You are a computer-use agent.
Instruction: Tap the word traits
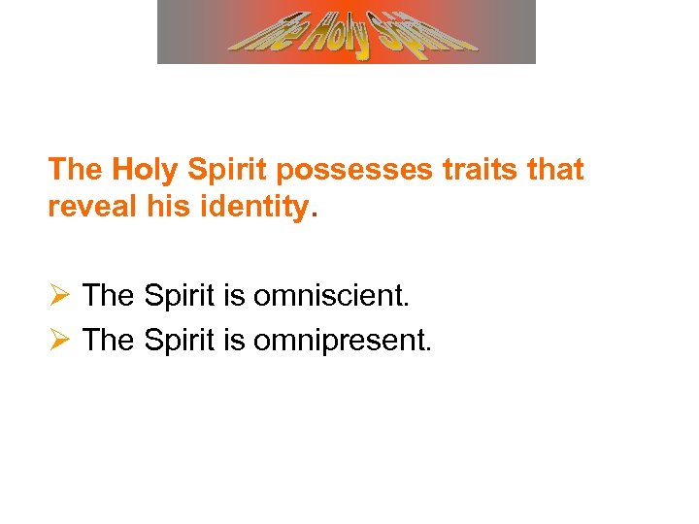[468, 170]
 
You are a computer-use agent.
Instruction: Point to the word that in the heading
[551, 170]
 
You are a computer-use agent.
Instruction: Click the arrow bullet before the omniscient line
[59, 295]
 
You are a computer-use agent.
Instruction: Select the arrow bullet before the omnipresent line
[59, 340]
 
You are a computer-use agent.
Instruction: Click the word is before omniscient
[234, 295]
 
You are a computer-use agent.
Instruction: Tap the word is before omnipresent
[234, 340]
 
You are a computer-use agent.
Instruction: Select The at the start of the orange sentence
[76, 170]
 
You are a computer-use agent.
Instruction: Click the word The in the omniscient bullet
[110, 295]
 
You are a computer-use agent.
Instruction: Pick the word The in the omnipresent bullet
[110, 340]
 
